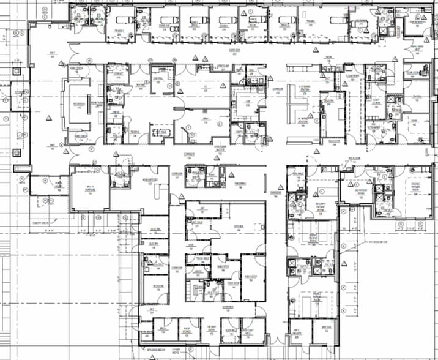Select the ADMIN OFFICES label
pos(150,181)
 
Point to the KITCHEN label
pos(239,227)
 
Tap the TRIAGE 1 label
pos(119,31)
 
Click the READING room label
pos(134,131)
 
